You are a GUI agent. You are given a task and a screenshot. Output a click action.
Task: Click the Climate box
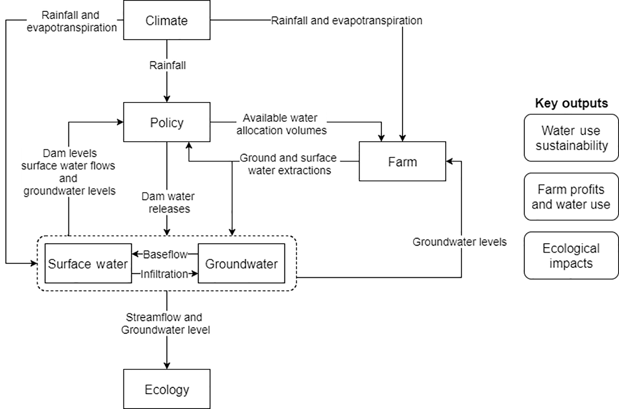click(167, 20)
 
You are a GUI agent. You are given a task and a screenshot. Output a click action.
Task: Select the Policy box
click(167, 122)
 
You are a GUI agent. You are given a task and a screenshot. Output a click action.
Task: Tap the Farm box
click(402, 161)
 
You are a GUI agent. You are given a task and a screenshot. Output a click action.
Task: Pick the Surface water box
click(88, 263)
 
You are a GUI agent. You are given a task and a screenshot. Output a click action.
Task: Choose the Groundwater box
click(241, 263)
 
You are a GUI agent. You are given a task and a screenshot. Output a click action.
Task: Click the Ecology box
click(167, 389)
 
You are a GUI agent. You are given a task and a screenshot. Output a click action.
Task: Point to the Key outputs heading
click(571, 103)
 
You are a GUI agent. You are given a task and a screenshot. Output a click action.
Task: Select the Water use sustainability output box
click(571, 138)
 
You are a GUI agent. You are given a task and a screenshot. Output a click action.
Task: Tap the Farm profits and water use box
click(571, 197)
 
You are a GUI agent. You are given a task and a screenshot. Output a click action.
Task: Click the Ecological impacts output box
click(571, 256)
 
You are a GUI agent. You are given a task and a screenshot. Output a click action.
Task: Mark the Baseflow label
click(165, 254)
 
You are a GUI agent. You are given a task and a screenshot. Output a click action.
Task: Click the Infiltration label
click(164, 274)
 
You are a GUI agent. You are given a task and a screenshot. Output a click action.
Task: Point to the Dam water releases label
click(168, 203)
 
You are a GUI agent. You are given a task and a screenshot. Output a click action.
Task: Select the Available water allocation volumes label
click(281, 124)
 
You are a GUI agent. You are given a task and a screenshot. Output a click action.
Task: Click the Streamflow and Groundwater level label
click(165, 323)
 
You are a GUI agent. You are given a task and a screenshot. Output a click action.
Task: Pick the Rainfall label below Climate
click(167, 65)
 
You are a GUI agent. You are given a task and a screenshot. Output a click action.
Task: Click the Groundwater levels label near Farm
click(459, 242)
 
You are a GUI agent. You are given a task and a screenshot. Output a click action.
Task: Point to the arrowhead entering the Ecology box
click(167, 366)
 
